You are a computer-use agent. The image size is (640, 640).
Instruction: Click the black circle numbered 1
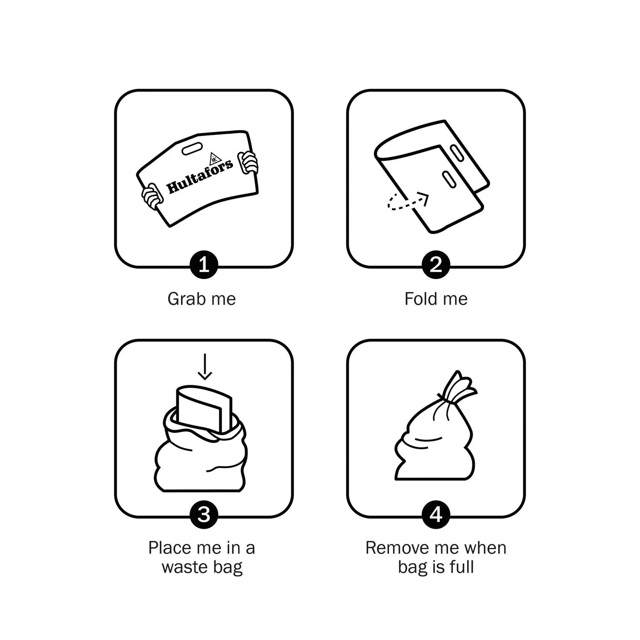point(204,265)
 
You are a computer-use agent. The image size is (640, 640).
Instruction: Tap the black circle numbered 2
point(436,265)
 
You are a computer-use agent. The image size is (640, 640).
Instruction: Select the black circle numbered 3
point(204,515)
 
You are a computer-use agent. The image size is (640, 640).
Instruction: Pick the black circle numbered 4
point(436,515)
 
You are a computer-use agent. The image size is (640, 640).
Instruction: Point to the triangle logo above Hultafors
point(214,157)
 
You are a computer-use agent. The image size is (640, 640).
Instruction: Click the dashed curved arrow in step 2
point(405,203)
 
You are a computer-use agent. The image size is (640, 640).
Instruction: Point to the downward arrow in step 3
point(205,367)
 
